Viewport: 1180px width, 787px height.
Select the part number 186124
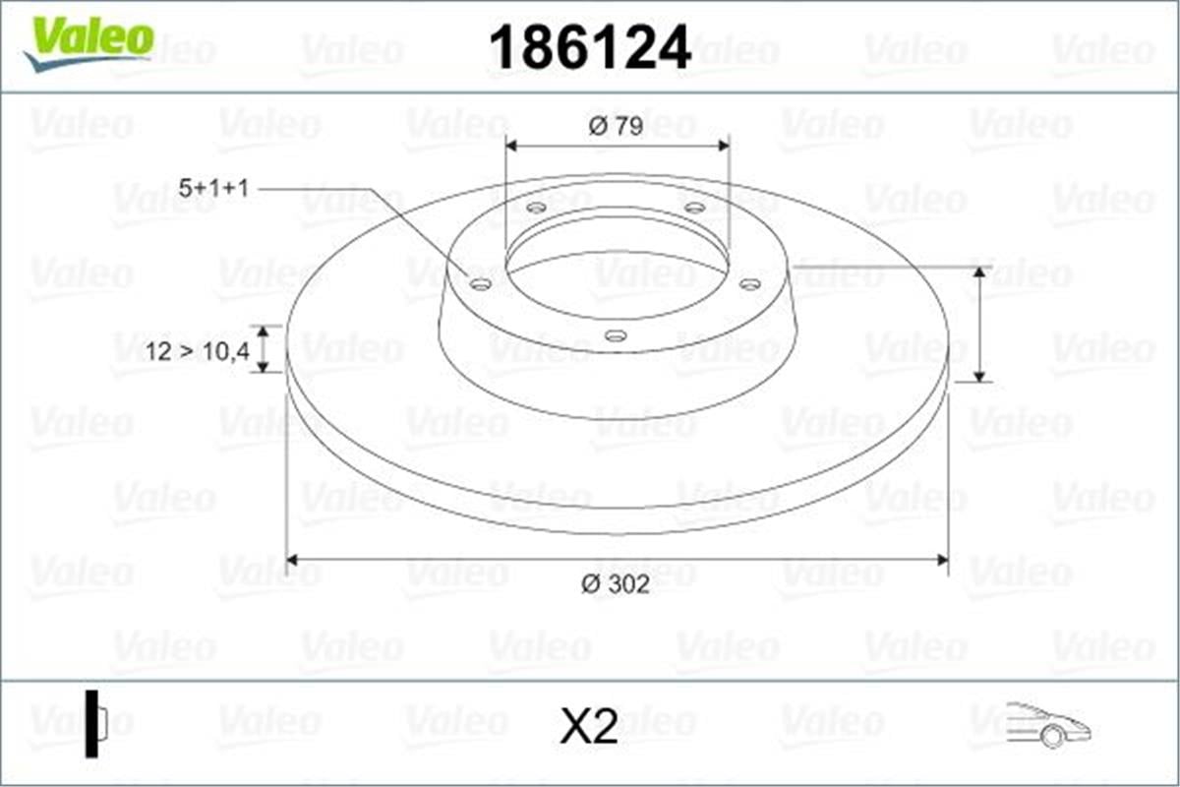click(x=590, y=46)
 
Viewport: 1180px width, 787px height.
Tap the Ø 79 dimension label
click(x=616, y=127)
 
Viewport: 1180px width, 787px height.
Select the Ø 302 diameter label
click(x=616, y=584)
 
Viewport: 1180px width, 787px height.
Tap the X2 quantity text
click(x=588, y=728)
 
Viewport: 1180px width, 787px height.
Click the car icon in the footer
click(x=1048, y=725)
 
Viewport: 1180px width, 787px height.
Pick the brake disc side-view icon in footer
click(x=95, y=724)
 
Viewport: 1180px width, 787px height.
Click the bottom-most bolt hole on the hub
click(x=616, y=335)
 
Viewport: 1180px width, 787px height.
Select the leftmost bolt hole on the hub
click(x=481, y=285)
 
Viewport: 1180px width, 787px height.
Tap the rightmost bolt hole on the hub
click(x=749, y=284)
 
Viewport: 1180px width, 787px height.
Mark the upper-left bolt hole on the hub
click(x=536, y=208)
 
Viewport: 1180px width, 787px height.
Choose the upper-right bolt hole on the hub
click(x=694, y=208)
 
